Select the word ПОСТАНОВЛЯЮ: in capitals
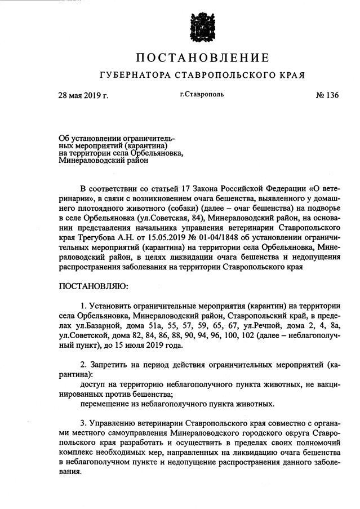[x=94, y=286]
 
